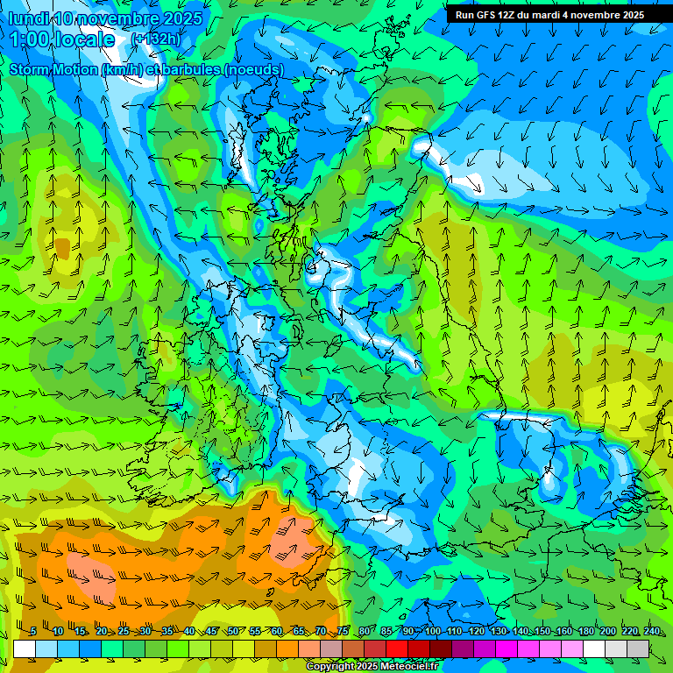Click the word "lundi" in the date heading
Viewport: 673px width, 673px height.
click(x=28, y=18)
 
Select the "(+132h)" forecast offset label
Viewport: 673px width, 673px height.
click(x=156, y=39)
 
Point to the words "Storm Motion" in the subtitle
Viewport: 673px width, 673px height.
click(x=53, y=69)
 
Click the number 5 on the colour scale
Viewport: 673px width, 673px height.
click(x=32, y=632)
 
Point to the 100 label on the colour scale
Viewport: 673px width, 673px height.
click(x=432, y=632)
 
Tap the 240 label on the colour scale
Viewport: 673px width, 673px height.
click(x=652, y=632)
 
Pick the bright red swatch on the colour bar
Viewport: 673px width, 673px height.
click(x=398, y=648)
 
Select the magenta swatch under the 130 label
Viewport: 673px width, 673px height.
click(x=507, y=648)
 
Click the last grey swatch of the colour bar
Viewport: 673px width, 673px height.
click(x=639, y=648)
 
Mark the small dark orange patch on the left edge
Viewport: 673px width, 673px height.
click(x=61, y=248)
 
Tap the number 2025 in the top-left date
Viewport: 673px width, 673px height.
click(x=182, y=18)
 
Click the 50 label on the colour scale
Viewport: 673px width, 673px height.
click(x=232, y=632)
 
